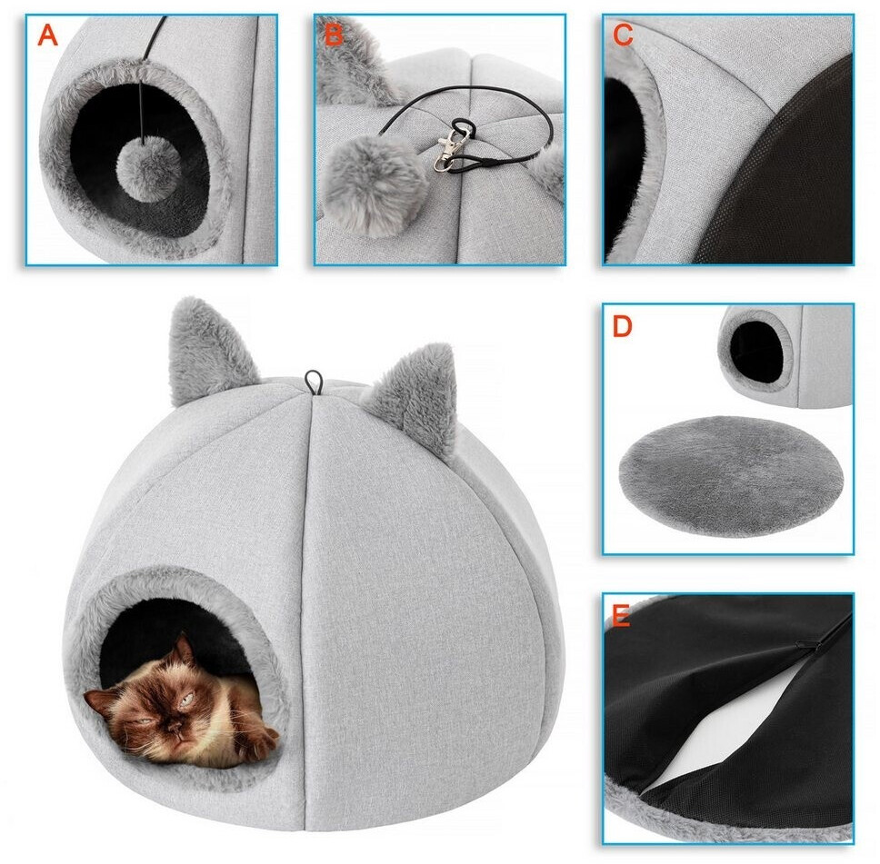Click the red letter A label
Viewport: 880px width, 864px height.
pos(47,35)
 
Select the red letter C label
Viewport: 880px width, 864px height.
pos(623,35)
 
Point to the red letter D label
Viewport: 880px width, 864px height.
pos(623,326)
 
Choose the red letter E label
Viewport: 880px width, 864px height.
pos(621,616)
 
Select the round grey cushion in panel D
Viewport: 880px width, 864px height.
pos(731,476)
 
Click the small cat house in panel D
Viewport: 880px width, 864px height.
pos(785,355)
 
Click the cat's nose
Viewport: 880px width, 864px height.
pos(176,729)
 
